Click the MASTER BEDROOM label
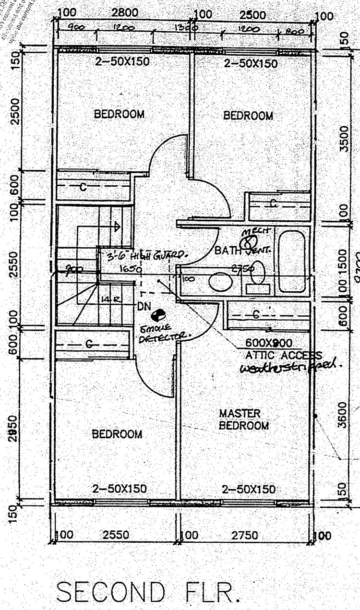click(x=244, y=419)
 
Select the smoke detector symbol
click(x=157, y=316)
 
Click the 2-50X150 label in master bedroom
click(x=249, y=489)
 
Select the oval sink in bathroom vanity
click(x=221, y=282)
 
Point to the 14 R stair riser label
click(x=106, y=299)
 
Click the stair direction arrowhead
click(x=117, y=226)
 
